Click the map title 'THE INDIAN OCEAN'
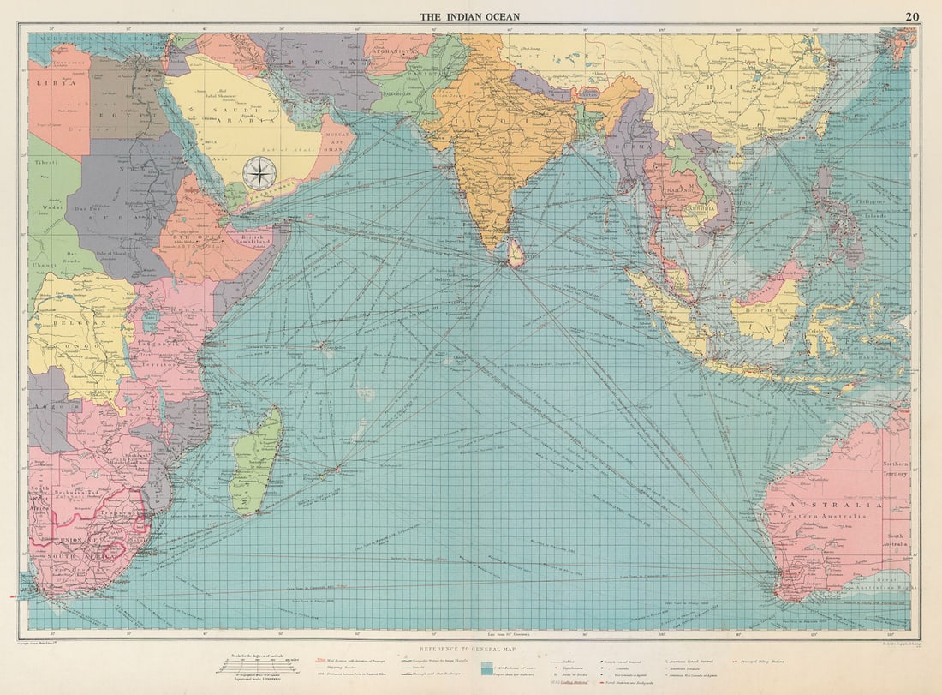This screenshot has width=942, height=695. (469, 16)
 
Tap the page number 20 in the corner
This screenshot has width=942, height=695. (912, 16)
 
